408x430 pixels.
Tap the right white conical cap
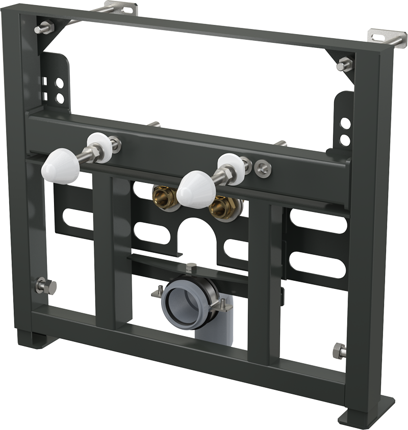[198, 186]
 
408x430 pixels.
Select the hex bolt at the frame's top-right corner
[344, 65]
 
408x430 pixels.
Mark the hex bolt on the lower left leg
[40, 286]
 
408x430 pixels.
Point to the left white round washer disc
[98, 147]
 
